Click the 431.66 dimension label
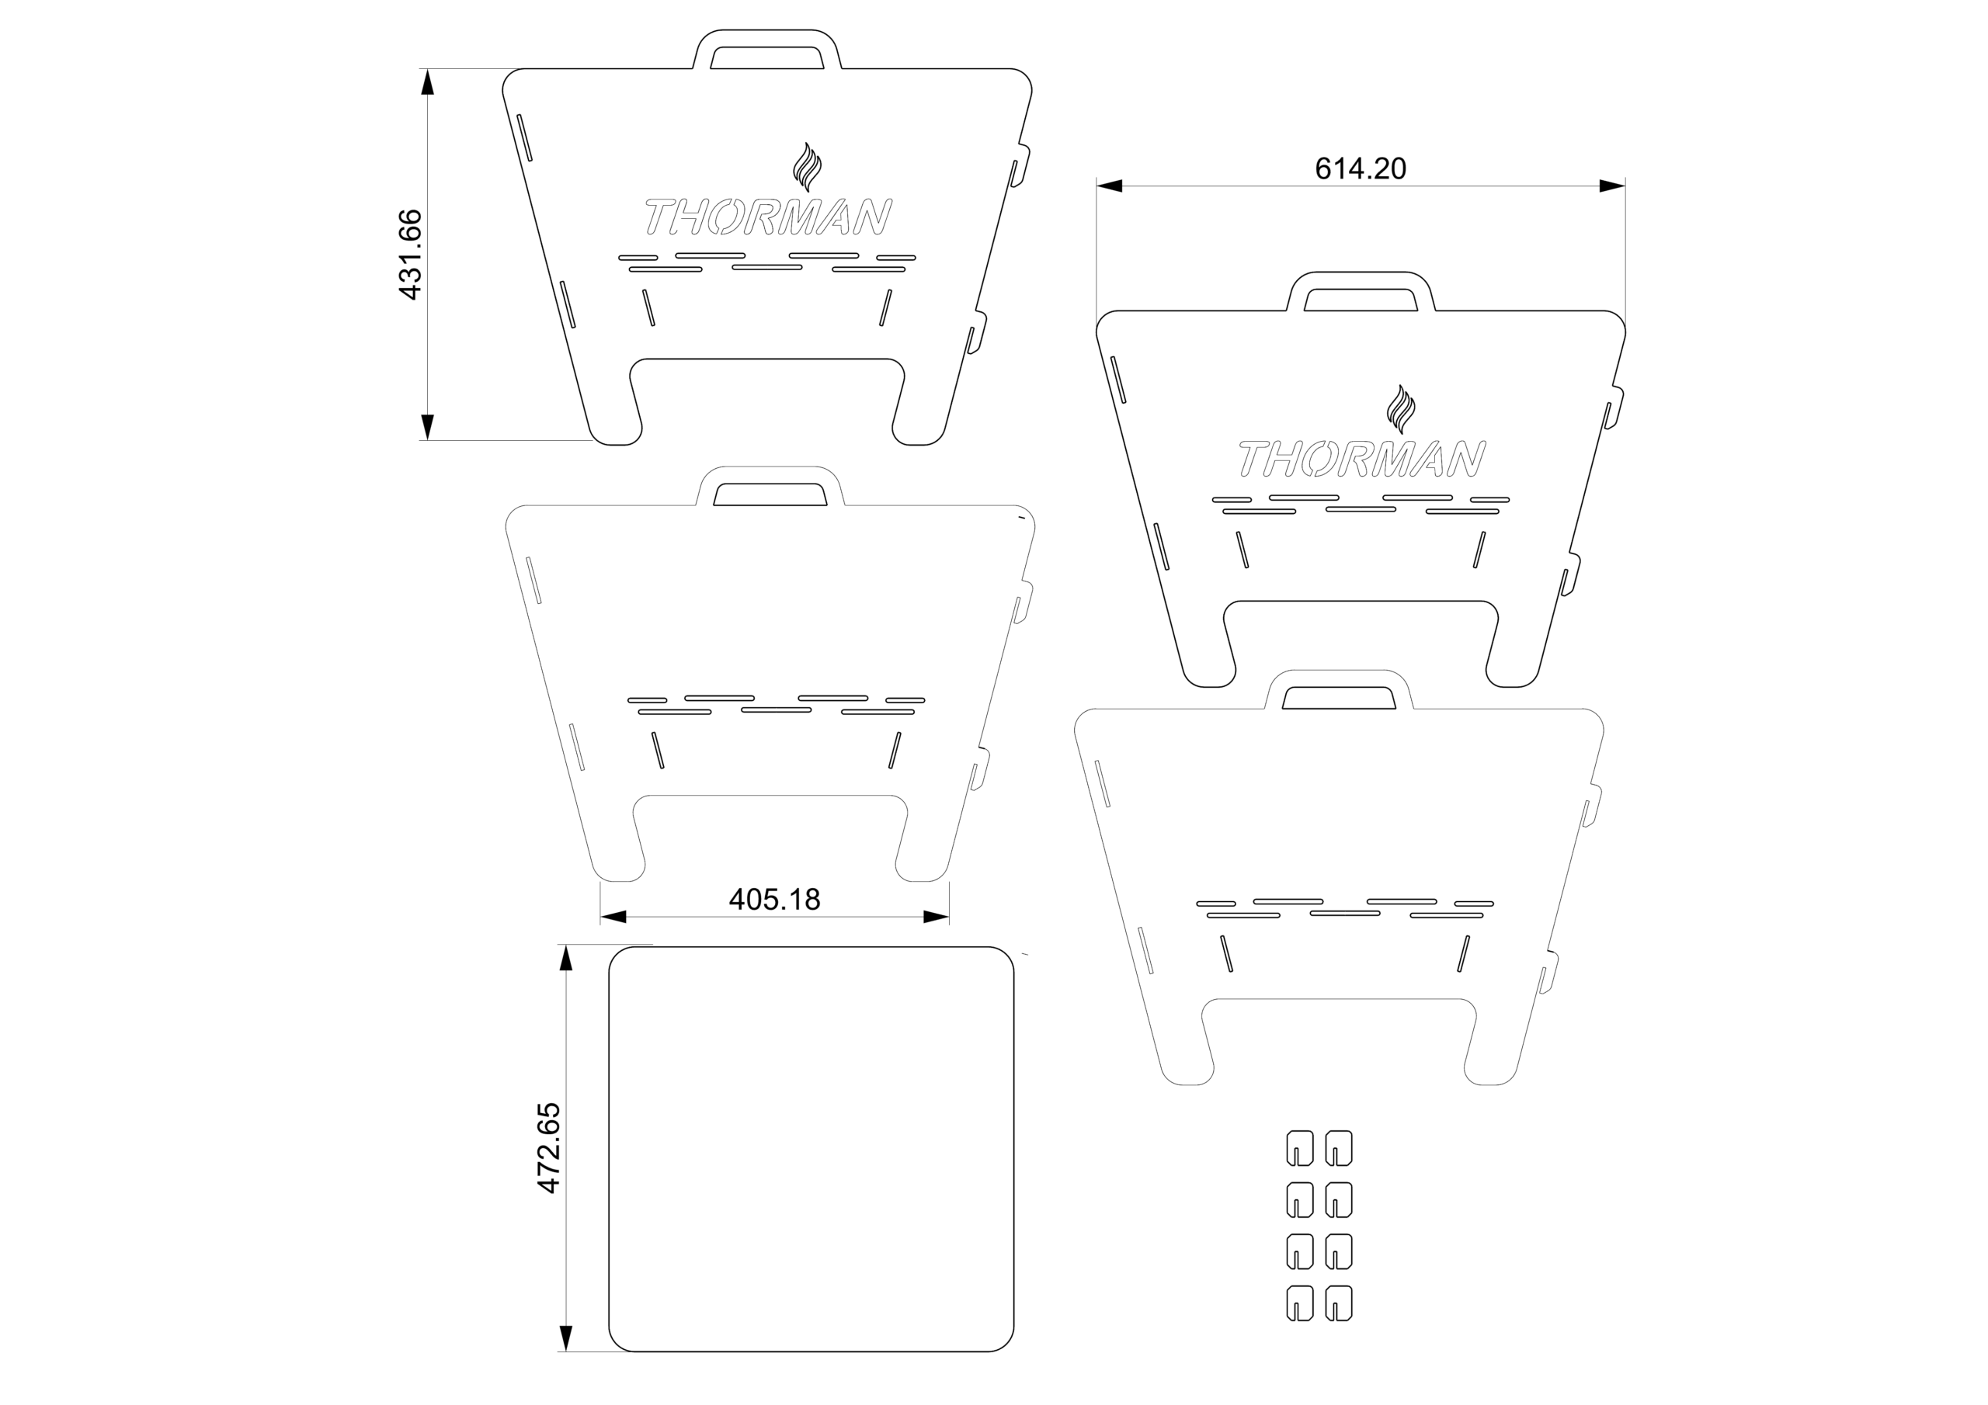pos(409,255)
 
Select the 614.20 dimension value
pos(1361,168)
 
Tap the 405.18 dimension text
pos(774,900)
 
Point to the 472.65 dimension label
pos(549,1148)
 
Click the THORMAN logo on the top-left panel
pos(769,217)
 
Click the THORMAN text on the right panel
pos(1362,459)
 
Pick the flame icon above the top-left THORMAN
pos(807,167)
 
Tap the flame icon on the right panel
pos(1401,409)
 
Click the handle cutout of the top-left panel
pos(766,57)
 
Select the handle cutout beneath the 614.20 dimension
pos(1361,300)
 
